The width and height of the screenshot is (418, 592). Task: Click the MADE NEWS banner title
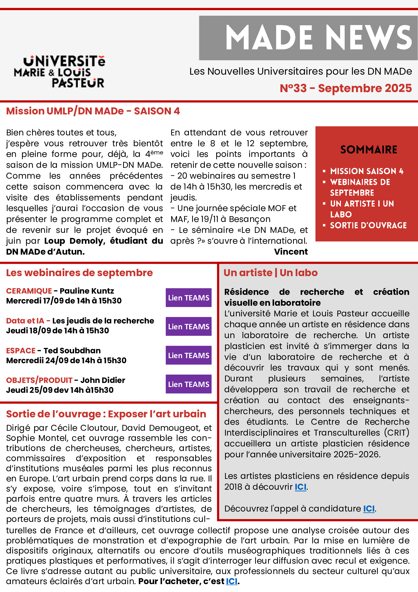click(x=318, y=37)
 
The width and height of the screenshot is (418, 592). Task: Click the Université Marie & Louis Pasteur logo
click(x=59, y=72)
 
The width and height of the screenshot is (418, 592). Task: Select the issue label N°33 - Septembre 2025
click(x=346, y=88)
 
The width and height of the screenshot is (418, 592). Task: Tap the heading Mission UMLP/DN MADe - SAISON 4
click(x=93, y=111)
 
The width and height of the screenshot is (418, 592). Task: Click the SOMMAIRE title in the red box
click(x=368, y=150)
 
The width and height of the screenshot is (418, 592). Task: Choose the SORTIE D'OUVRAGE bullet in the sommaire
click(x=368, y=225)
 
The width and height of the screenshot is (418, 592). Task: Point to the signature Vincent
click(x=291, y=252)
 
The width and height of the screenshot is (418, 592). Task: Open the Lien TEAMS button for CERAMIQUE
click(x=189, y=298)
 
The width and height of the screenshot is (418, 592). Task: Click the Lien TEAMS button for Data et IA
click(x=189, y=326)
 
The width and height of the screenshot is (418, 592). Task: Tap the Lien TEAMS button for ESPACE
click(x=189, y=355)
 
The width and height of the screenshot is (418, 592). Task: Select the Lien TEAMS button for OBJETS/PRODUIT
click(x=189, y=384)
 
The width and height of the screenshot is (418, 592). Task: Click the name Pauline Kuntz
click(x=87, y=291)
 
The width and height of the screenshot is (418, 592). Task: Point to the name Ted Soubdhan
click(x=72, y=351)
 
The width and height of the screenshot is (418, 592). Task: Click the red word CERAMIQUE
click(x=29, y=291)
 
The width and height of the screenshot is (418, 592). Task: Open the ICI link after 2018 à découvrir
click(x=300, y=487)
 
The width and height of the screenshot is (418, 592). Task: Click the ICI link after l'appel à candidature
click(x=369, y=508)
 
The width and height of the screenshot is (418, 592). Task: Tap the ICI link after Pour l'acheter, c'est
click(x=232, y=581)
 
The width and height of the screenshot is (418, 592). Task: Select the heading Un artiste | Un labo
click(x=270, y=273)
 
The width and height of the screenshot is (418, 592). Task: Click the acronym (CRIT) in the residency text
click(x=397, y=433)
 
